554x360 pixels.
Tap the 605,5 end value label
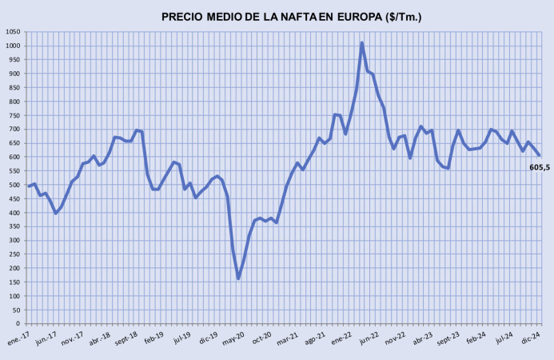click(x=540, y=167)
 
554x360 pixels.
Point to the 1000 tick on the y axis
click(x=14, y=46)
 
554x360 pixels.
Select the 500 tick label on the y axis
click(x=15, y=185)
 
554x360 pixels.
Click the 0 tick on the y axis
click(x=20, y=324)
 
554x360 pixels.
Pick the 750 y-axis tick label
click(x=15, y=115)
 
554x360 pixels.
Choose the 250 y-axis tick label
click(x=15, y=254)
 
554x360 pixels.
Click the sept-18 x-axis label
click(x=127, y=338)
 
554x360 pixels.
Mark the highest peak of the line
click(x=362, y=43)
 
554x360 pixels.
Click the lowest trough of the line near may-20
click(x=238, y=278)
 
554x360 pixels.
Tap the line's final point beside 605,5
click(x=539, y=155)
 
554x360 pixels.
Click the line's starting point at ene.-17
click(x=29, y=186)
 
